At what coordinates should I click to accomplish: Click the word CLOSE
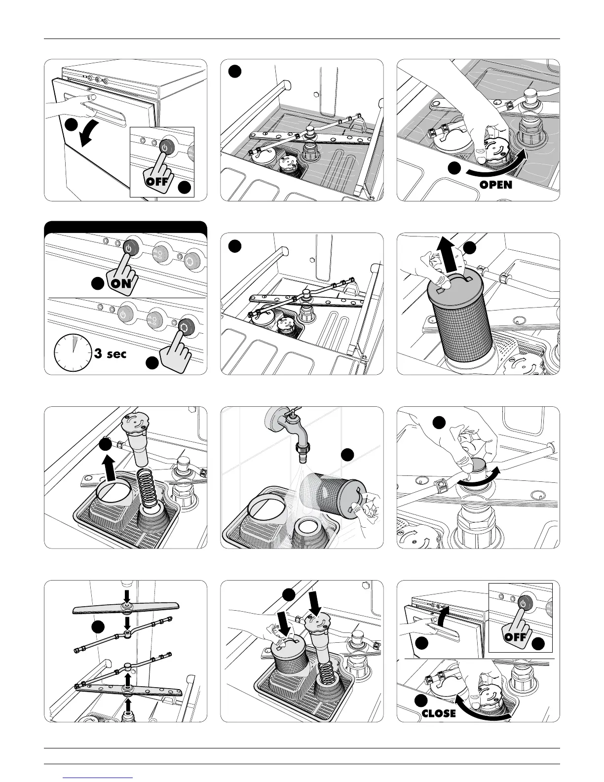click(439, 713)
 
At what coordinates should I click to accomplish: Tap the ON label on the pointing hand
click(121, 283)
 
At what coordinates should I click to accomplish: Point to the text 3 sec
click(111, 354)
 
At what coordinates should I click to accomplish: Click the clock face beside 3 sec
click(73, 353)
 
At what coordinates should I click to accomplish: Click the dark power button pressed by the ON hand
click(129, 248)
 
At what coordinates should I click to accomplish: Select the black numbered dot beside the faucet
click(347, 455)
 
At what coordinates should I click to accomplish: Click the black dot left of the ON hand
click(98, 283)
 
